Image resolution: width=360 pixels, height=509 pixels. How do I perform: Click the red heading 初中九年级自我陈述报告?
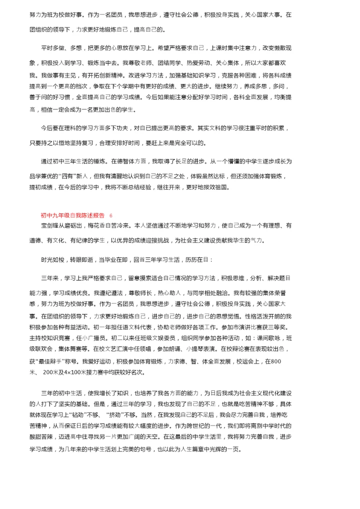[72, 215]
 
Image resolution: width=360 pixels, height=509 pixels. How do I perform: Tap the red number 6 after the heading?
[111, 215]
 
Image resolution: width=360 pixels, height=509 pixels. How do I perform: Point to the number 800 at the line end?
[275, 361]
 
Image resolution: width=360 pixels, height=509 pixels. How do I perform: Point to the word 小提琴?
[194, 349]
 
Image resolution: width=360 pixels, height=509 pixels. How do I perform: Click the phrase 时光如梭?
[53, 260]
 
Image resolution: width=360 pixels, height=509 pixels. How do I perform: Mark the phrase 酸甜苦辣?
[41, 436]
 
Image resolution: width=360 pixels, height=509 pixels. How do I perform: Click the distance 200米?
[51, 372]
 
